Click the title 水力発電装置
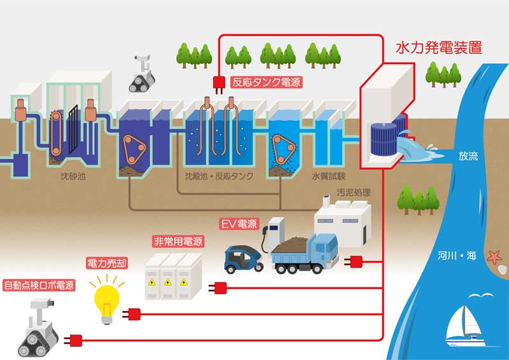[438, 47]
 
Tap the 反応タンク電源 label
[266, 82]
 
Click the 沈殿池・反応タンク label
[218, 176]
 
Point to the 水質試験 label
[324, 176]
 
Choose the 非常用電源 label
[178, 242]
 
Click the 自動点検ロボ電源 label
[39, 284]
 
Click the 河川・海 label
[457, 256]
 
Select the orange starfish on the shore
[494, 257]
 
